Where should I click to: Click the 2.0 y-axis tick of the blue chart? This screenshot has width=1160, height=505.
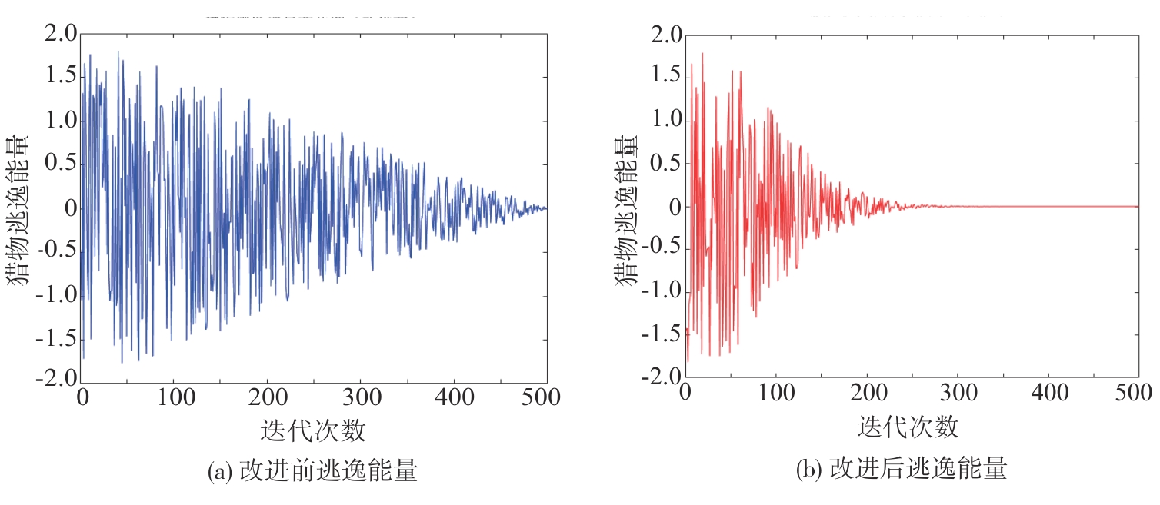click(x=60, y=35)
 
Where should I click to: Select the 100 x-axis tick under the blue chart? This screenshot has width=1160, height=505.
click(x=173, y=397)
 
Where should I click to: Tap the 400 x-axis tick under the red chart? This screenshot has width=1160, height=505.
click(x=1050, y=394)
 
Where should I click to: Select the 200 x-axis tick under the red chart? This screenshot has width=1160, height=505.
click(x=868, y=394)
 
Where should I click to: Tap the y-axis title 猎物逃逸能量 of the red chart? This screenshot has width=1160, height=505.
click(x=628, y=209)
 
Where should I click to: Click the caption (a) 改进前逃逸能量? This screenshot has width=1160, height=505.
click(x=313, y=470)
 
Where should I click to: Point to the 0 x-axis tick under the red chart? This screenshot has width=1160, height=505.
click(x=685, y=394)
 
